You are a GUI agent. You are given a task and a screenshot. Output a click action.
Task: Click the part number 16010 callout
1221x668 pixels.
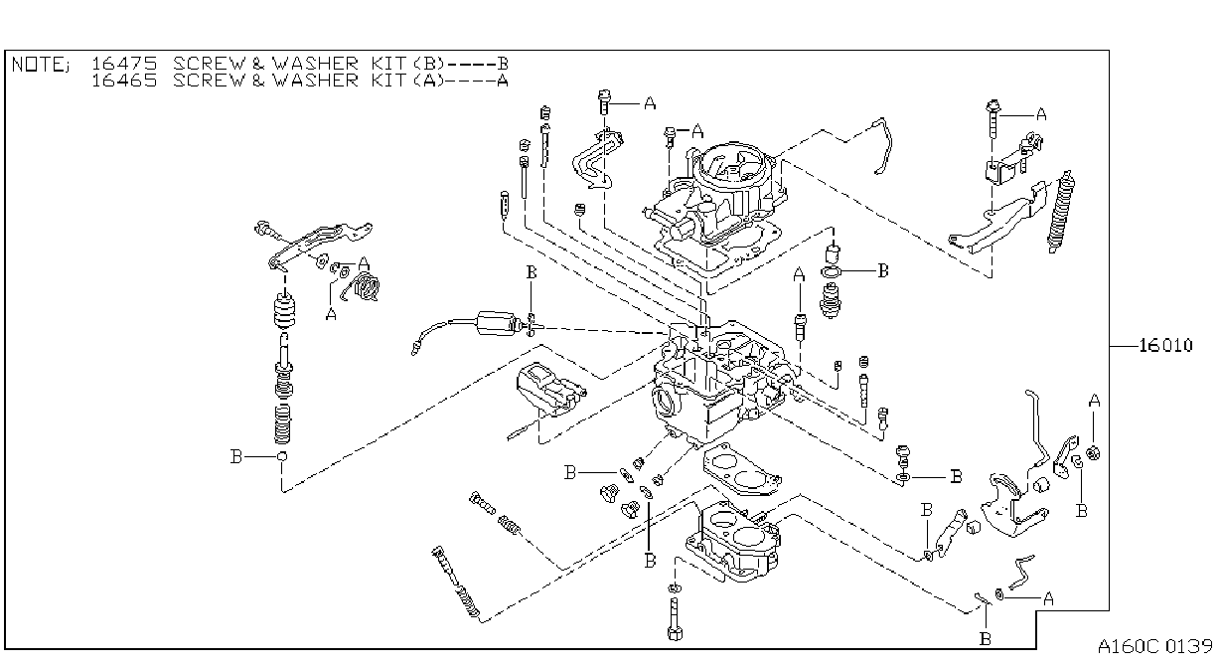point(1165,345)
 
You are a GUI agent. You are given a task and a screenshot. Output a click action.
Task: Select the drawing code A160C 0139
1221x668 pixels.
point(1154,646)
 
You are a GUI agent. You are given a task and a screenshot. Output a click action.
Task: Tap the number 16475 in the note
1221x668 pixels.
point(124,64)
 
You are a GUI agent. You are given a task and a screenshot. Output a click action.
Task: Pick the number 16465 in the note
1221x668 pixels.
point(124,81)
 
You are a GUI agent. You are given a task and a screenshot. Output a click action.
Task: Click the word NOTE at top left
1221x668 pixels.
point(37,65)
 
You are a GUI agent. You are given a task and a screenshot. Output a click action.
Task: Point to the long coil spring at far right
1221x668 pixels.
point(1060,212)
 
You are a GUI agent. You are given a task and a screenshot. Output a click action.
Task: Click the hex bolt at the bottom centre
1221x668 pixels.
point(675,618)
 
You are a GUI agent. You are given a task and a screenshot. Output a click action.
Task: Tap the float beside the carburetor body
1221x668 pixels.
point(549,389)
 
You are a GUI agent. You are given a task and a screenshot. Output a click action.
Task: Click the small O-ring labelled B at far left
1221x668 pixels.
point(282,456)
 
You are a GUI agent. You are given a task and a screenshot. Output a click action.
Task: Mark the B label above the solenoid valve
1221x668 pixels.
point(532,272)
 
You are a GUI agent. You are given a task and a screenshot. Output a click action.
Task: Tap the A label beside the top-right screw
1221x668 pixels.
point(1041,114)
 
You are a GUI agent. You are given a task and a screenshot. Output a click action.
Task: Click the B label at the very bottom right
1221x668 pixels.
point(985,639)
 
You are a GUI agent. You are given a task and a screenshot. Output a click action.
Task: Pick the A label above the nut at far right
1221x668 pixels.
point(1094,401)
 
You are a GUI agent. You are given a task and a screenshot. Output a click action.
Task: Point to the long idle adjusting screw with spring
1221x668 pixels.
point(456,584)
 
